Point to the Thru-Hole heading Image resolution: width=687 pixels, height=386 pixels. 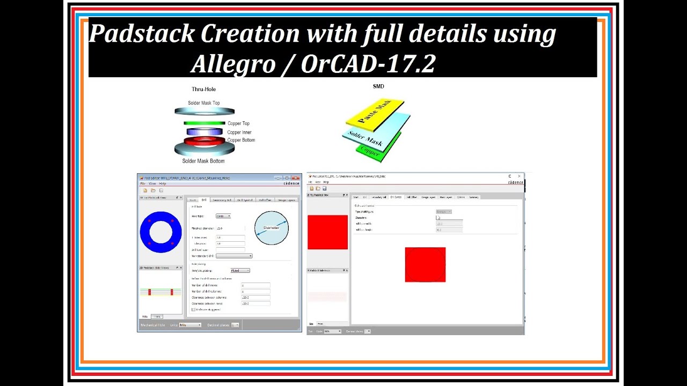[204, 89]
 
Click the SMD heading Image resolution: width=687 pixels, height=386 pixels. [378, 86]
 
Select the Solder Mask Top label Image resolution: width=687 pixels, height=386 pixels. [203, 103]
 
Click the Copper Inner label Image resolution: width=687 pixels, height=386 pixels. [239, 132]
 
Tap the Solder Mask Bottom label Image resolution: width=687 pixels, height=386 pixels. [203, 161]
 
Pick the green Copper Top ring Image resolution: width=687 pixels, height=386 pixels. [204, 123]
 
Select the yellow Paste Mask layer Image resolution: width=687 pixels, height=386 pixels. [376, 114]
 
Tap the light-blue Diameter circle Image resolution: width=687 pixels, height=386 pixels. [271, 228]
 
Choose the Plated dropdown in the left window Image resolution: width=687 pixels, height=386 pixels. [240, 271]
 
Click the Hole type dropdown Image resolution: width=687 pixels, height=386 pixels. [223, 216]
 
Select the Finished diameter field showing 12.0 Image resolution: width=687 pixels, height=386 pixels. [220, 228]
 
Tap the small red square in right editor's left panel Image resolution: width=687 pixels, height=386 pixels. [327, 232]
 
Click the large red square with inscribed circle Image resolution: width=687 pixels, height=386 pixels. [425, 264]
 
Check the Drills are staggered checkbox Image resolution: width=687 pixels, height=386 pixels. [194, 309]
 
